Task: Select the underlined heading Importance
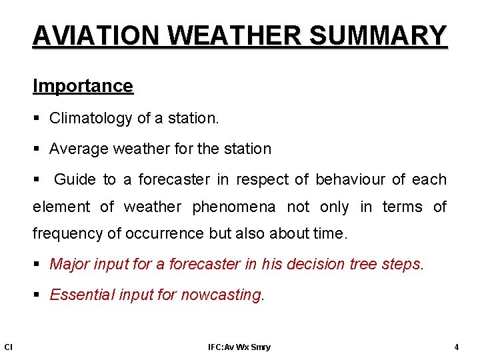[83, 86]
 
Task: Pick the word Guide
[75, 179]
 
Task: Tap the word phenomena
[233, 207]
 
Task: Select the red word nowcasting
[221, 295]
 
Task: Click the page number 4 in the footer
[456, 347]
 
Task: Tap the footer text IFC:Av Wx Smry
[239, 347]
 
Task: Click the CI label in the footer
[8, 347]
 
